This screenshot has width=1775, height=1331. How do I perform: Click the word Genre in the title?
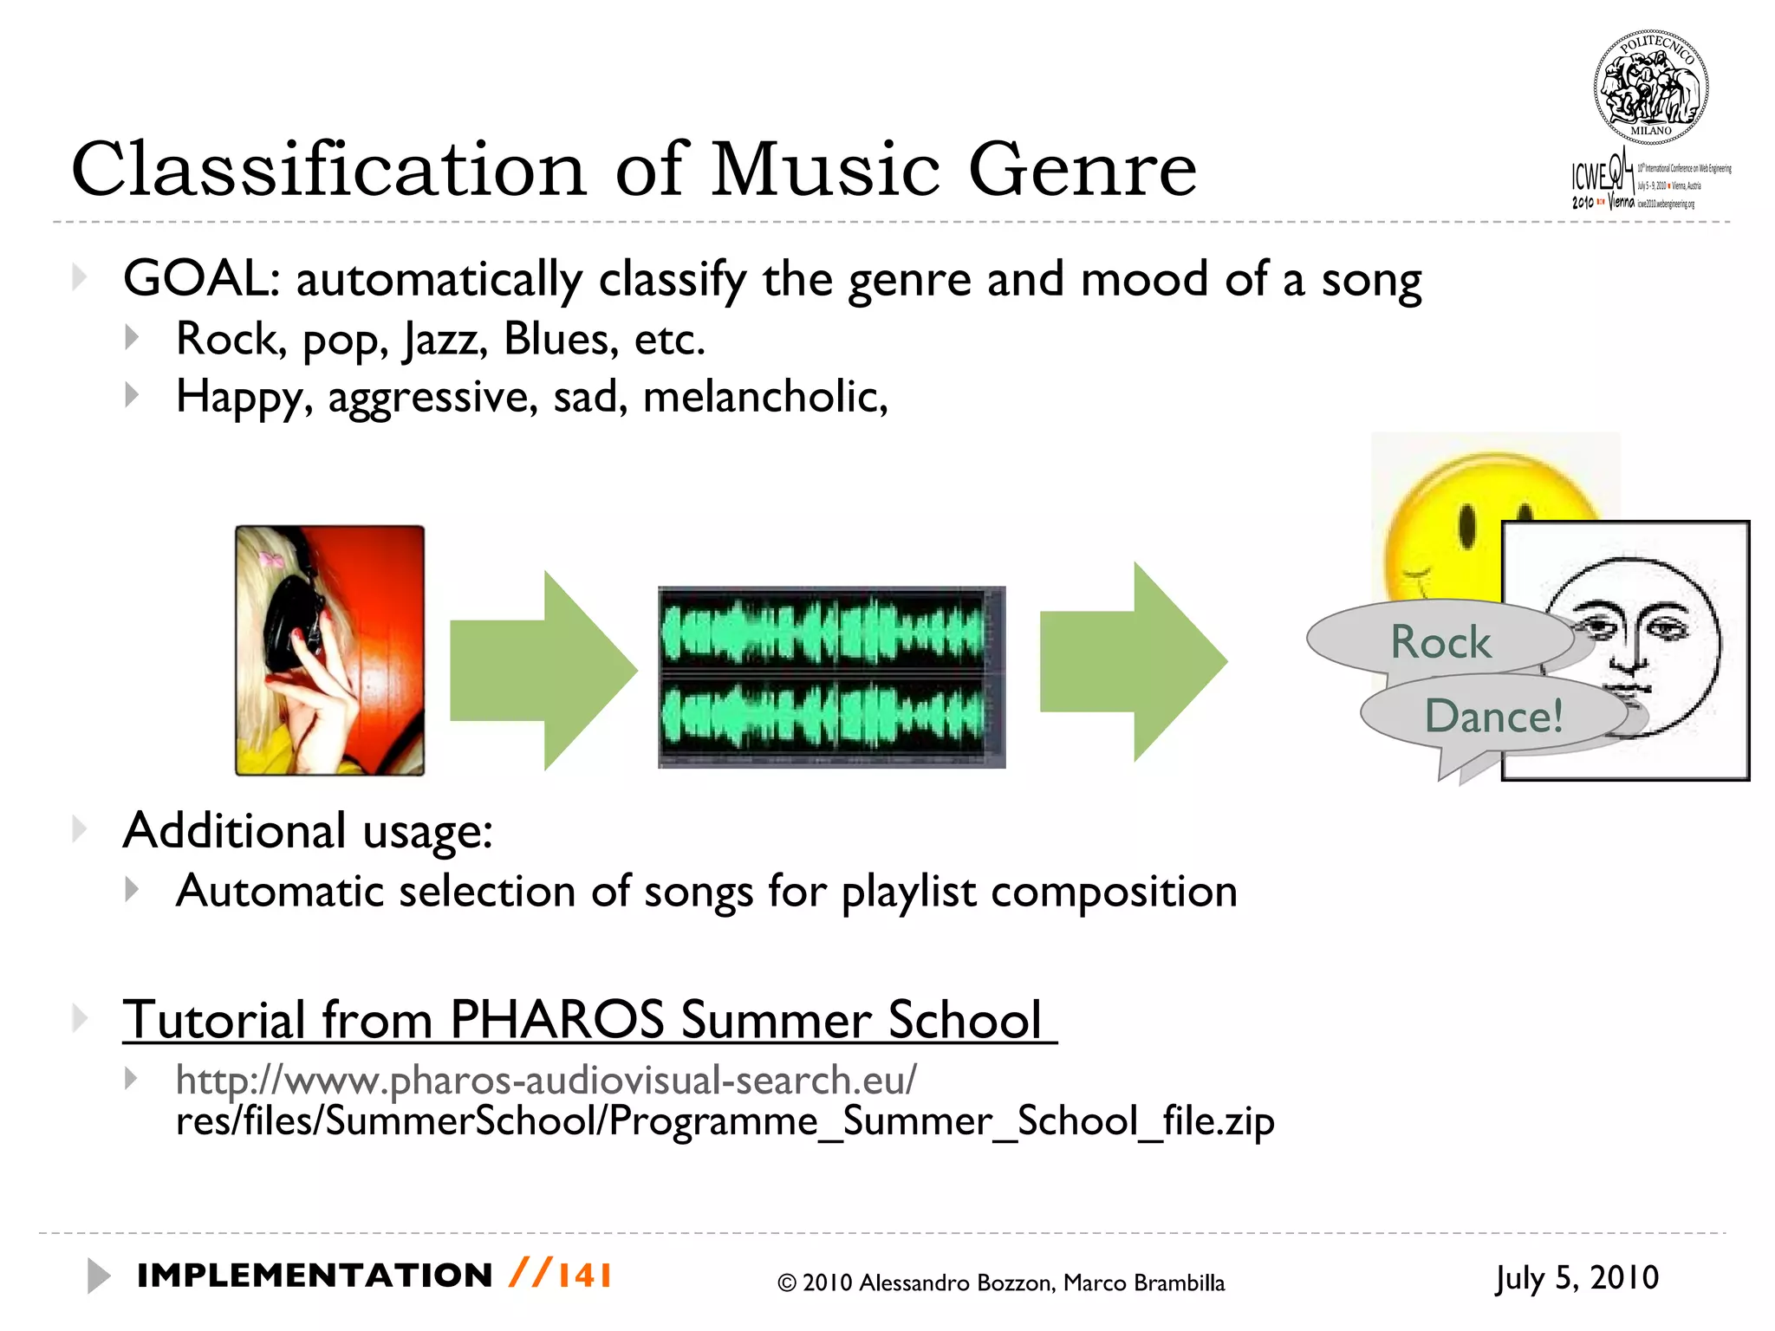[x=1082, y=169]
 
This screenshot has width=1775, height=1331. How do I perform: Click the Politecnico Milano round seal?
[x=1650, y=87]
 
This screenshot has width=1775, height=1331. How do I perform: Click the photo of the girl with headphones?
[x=330, y=650]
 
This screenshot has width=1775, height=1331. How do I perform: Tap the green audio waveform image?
[x=831, y=677]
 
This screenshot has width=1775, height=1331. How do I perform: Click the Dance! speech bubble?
[x=1492, y=716]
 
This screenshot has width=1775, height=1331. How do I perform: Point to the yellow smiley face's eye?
[x=1466, y=525]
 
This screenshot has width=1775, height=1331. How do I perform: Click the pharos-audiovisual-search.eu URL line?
[x=546, y=1080]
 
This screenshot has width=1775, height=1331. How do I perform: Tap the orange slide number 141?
[x=585, y=1276]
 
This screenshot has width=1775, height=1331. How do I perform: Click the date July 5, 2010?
[x=1576, y=1278]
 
